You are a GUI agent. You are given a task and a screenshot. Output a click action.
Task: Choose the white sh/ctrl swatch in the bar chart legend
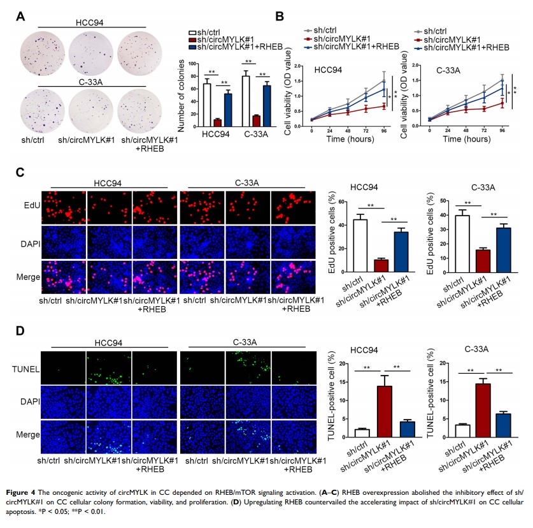[x=192, y=31]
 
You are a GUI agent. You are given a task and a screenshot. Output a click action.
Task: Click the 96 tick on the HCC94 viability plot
[x=384, y=130]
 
